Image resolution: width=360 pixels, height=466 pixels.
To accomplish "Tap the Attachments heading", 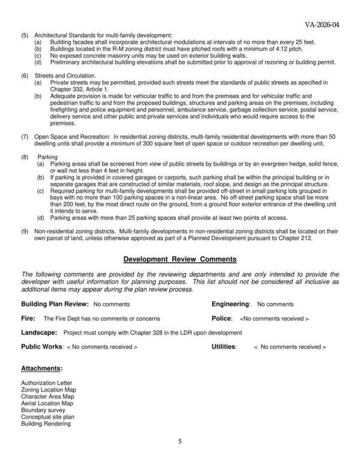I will (42, 368).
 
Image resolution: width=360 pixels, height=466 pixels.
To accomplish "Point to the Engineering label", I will (231, 304).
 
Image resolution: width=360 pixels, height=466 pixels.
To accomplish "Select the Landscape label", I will (39, 332).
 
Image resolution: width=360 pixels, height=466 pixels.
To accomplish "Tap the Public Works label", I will (41, 346).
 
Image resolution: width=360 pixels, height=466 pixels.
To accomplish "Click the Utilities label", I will (224, 346).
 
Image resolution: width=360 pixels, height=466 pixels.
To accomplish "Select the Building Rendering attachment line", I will (46, 424).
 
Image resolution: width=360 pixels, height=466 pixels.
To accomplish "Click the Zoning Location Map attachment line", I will (49, 390).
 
